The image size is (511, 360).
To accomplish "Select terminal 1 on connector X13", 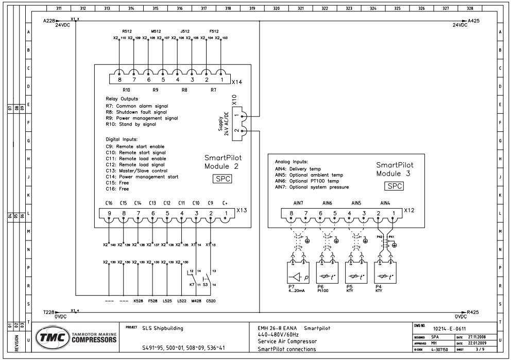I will click(x=225, y=213).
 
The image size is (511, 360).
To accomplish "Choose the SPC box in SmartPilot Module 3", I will click(x=395, y=186).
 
